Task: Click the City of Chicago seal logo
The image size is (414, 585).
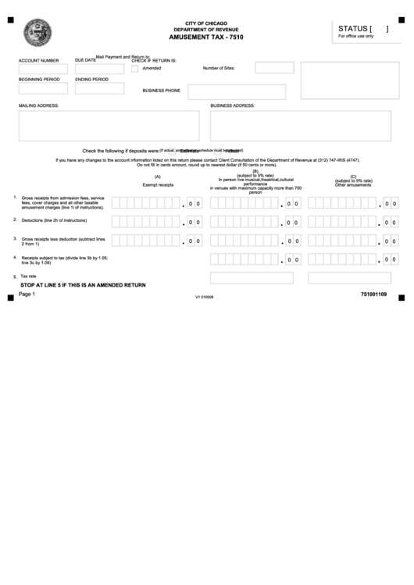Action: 36,35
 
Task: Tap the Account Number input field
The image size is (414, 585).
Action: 43,69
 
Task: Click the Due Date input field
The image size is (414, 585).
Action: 99,69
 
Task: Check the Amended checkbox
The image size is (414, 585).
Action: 134,68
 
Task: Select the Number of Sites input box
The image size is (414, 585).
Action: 274,68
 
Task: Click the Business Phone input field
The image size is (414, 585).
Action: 236,91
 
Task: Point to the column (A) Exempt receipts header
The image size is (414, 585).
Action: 158,181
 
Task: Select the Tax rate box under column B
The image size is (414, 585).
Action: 252,277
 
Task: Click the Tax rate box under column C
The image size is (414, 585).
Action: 349,277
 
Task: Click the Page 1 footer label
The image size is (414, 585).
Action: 27,294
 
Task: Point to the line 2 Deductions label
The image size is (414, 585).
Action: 54,221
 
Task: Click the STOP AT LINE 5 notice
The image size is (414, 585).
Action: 83,286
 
